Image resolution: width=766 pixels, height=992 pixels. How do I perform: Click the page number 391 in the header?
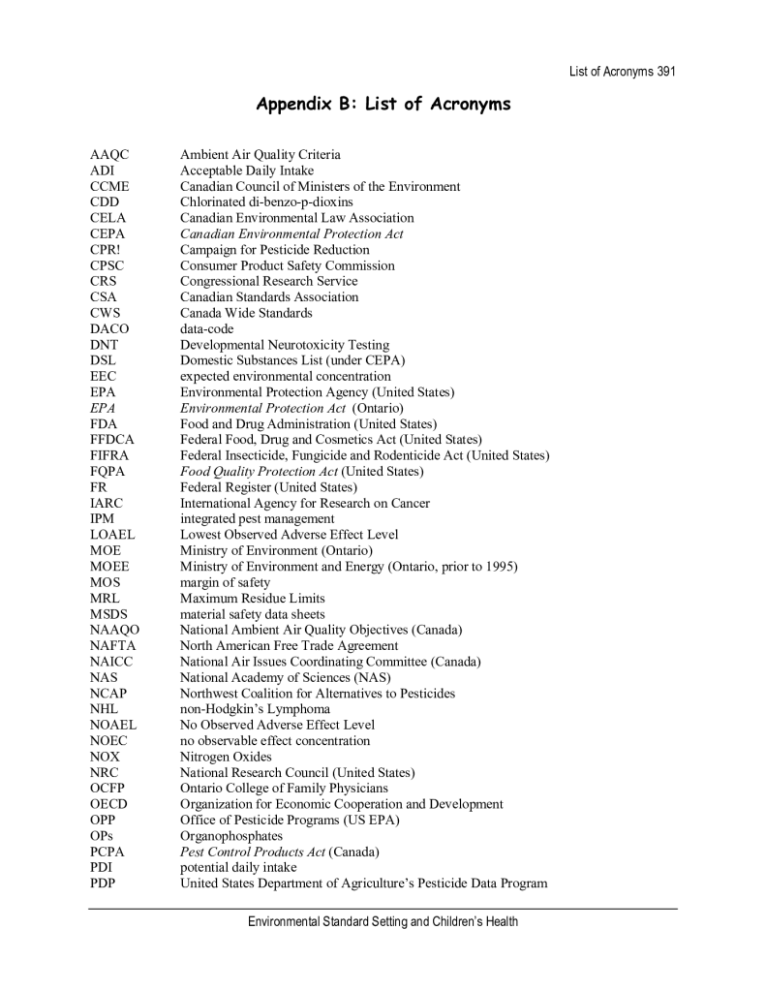coord(663,73)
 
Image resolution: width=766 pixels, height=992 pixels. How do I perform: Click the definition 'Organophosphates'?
coord(231,836)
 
